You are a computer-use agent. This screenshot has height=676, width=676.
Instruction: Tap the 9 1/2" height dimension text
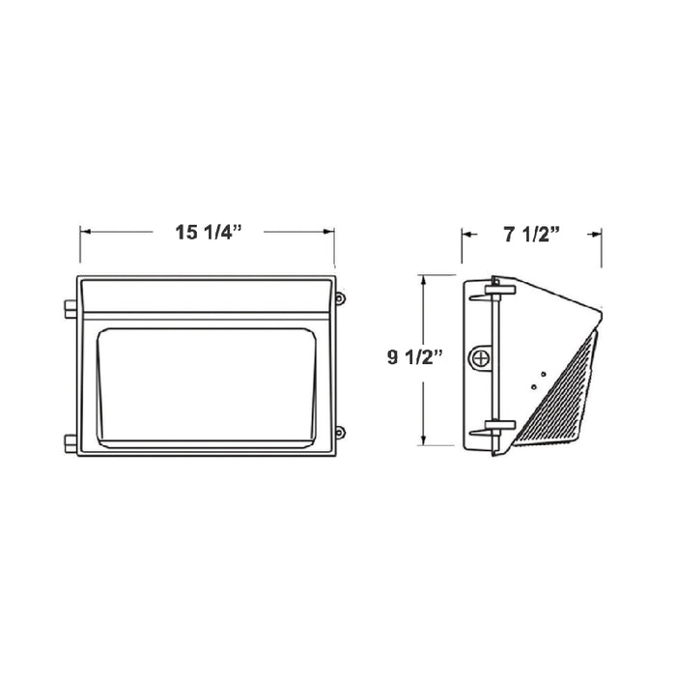point(413,358)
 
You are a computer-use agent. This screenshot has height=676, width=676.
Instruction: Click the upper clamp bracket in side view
point(499,287)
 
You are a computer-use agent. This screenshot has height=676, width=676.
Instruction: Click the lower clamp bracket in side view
point(499,425)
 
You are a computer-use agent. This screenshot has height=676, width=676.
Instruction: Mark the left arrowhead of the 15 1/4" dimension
point(85,233)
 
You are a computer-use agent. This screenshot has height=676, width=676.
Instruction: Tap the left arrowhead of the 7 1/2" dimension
point(467,233)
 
